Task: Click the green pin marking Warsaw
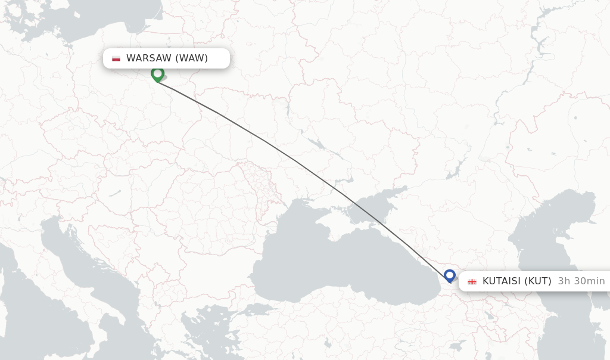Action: (158, 74)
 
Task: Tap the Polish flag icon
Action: (116, 58)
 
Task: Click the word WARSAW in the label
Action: (149, 58)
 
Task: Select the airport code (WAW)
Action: (191, 58)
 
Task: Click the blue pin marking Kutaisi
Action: (450, 275)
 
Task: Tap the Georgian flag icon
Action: (472, 281)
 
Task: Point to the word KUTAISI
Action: (502, 281)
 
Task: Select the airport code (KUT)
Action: (538, 281)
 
